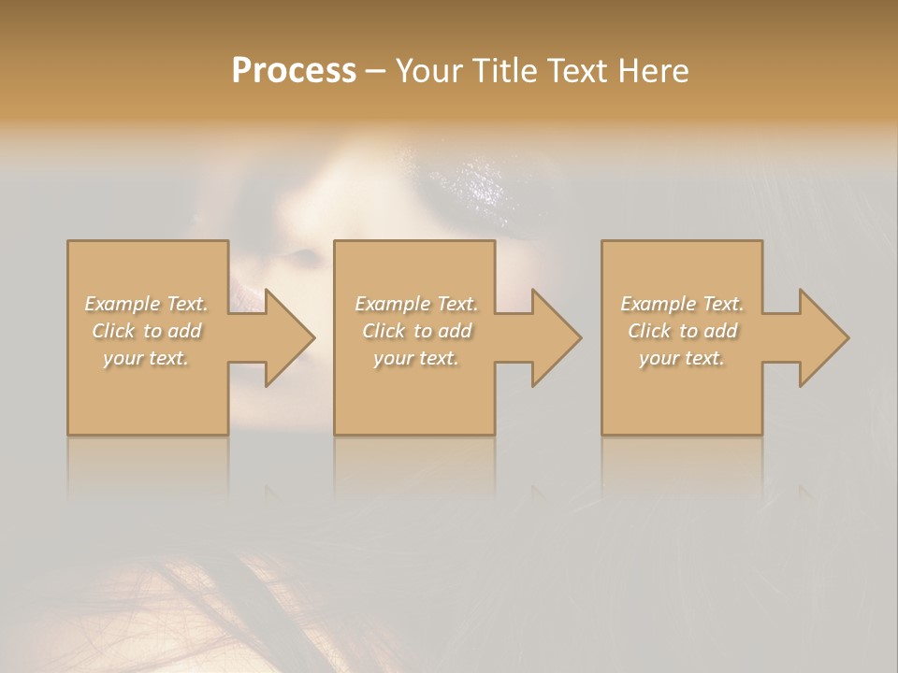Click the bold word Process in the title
[294, 71]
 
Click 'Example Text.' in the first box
[147, 304]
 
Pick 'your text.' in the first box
[147, 358]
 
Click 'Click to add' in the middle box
[416, 331]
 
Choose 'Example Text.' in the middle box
[416, 304]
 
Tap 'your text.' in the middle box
[416, 358]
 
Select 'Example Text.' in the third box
[682, 304]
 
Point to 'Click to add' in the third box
[682, 331]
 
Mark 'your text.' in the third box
[682, 358]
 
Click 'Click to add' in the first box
[147, 331]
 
